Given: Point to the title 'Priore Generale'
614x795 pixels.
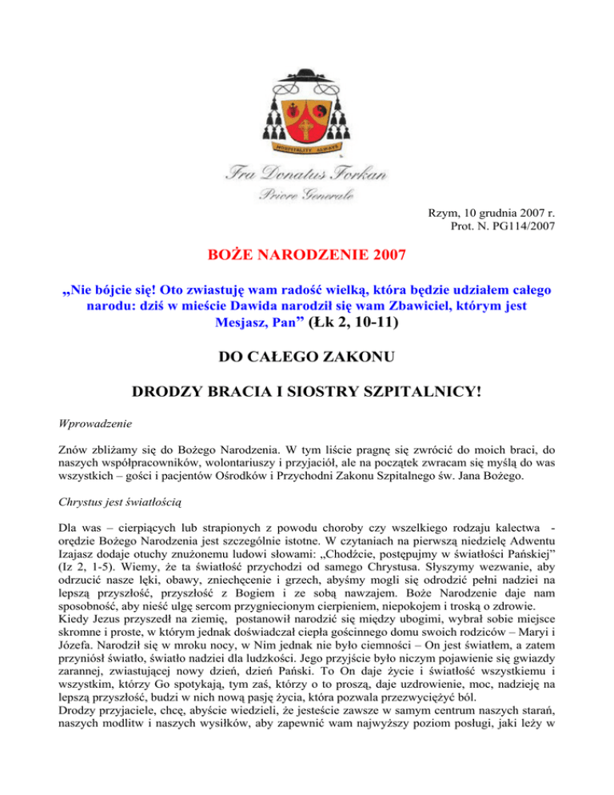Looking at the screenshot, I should coord(306,195).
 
